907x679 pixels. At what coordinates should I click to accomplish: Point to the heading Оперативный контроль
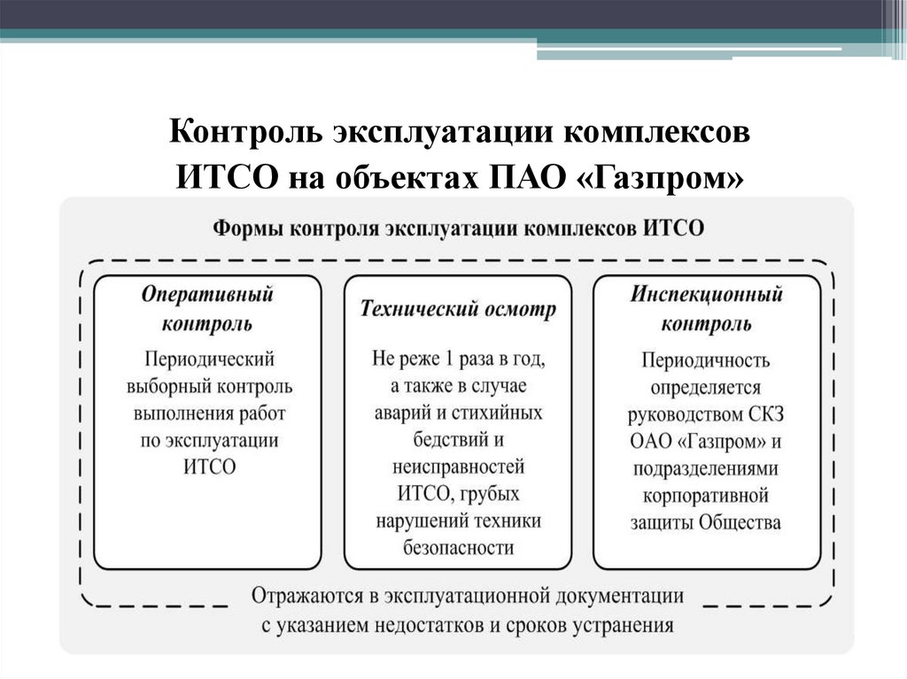pos(207,308)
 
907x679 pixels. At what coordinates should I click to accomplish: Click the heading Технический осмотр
pos(458,309)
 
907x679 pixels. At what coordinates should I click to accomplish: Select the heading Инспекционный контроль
pos(707,308)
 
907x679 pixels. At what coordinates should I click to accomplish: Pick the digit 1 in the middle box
pos(450,359)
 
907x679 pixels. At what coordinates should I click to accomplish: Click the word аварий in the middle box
pos(404,413)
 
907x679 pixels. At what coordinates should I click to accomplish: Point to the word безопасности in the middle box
pos(458,546)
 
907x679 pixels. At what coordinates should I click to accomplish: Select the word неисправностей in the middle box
pos(458,466)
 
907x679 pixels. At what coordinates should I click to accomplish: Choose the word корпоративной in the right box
pos(707,493)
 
